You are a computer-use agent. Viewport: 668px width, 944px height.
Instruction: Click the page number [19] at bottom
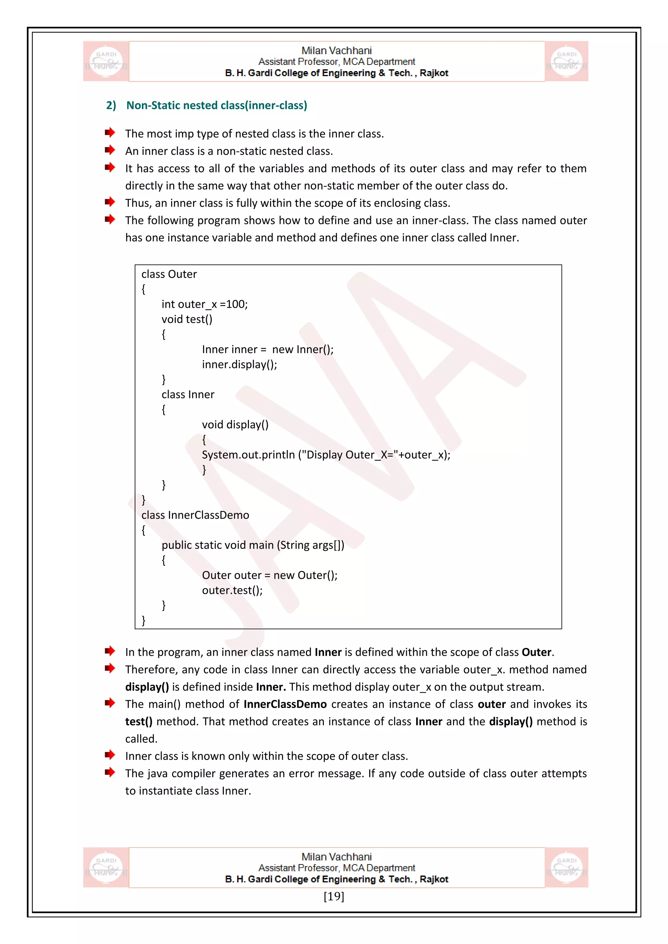pos(334,896)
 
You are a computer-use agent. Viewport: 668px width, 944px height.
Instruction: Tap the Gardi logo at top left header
pos(106,61)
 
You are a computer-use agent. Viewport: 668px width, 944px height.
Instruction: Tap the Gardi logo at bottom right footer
pos(567,867)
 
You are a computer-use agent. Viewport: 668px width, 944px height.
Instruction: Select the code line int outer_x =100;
pos(205,304)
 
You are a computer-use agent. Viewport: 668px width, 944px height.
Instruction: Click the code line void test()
pos(187,319)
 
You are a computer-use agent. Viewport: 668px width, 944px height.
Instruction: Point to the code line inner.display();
pos(239,364)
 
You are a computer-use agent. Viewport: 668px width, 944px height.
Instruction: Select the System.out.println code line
pos(326,455)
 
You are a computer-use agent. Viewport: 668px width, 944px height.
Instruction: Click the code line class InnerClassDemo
pos(195,515)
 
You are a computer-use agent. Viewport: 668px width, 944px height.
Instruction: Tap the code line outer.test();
pos(232,590)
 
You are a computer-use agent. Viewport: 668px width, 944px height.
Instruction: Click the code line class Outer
pos(169,274)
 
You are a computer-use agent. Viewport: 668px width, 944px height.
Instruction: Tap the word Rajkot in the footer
pos(433,879)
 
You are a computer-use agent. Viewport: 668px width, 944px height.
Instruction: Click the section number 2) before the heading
pos(111,105)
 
